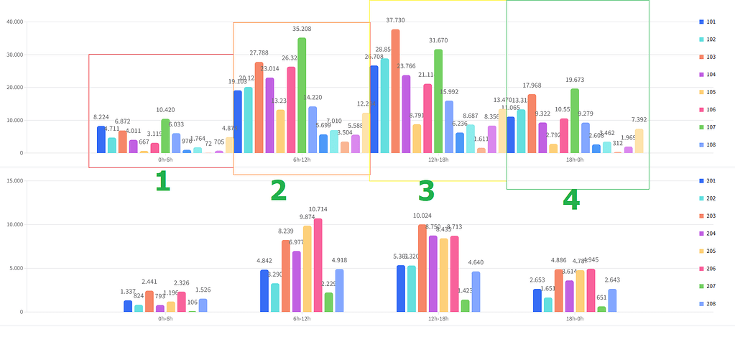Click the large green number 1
[x=162, y=182]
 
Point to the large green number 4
[x=571, y=199]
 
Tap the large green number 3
[x=426, y=191]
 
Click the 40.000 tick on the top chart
[x=14, y=22]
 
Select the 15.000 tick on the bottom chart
[x=14, y=180]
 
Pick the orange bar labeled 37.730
[x=395, y=91]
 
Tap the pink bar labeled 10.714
[x=318, y=265]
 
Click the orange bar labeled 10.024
[x=422, y=268]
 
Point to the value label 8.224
[x=101, y=117]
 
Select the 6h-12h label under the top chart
[x=302, y=160]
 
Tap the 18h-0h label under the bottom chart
[x=575, y=318]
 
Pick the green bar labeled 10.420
[x=165, y=136]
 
